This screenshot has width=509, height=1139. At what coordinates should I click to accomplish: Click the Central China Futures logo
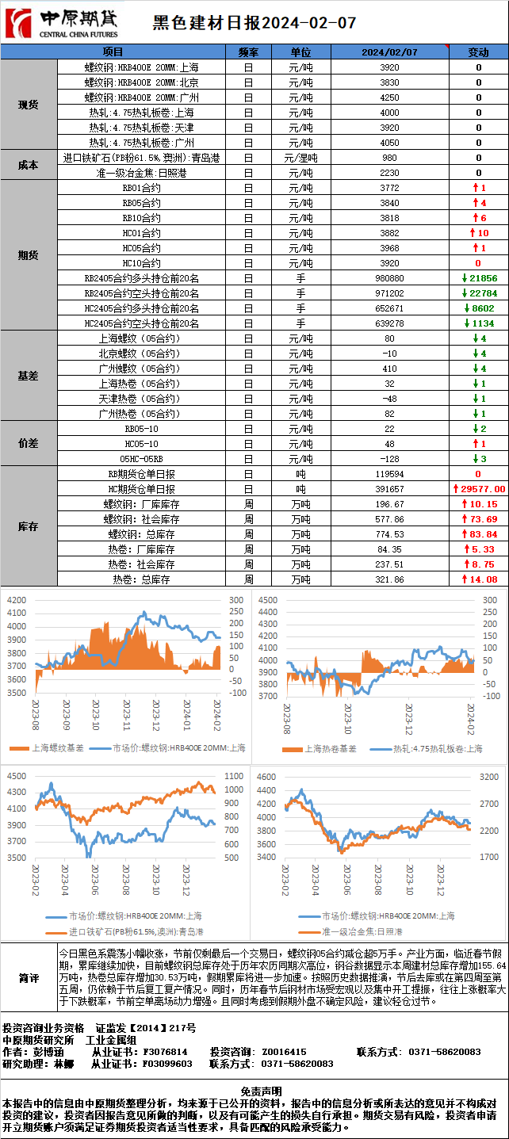pos(61,24)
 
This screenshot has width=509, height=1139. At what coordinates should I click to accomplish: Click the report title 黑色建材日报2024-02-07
pos(254,24)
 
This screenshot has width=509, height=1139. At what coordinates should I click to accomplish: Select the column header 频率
pos(248,52)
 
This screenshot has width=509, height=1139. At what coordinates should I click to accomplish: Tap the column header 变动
pos(478,52)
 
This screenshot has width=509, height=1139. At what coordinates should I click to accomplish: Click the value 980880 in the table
pos(388,278)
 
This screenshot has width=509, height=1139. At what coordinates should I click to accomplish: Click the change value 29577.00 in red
pos(479,489)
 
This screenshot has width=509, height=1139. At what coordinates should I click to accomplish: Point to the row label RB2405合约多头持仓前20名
pos(142,278)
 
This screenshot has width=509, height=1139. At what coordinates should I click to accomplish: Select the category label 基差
pos(29,376)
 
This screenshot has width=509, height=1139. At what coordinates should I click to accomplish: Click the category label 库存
pos(29,526)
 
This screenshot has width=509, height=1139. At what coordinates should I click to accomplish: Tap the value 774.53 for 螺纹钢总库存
pos(388,534)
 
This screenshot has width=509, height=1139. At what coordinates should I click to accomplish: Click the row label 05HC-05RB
pos(142,459)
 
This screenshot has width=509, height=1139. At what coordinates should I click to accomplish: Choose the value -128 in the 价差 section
pos(388,459)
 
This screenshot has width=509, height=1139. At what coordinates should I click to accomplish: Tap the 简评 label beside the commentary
pos(29,978)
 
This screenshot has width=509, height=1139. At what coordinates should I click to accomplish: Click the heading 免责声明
pos(254,1091)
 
